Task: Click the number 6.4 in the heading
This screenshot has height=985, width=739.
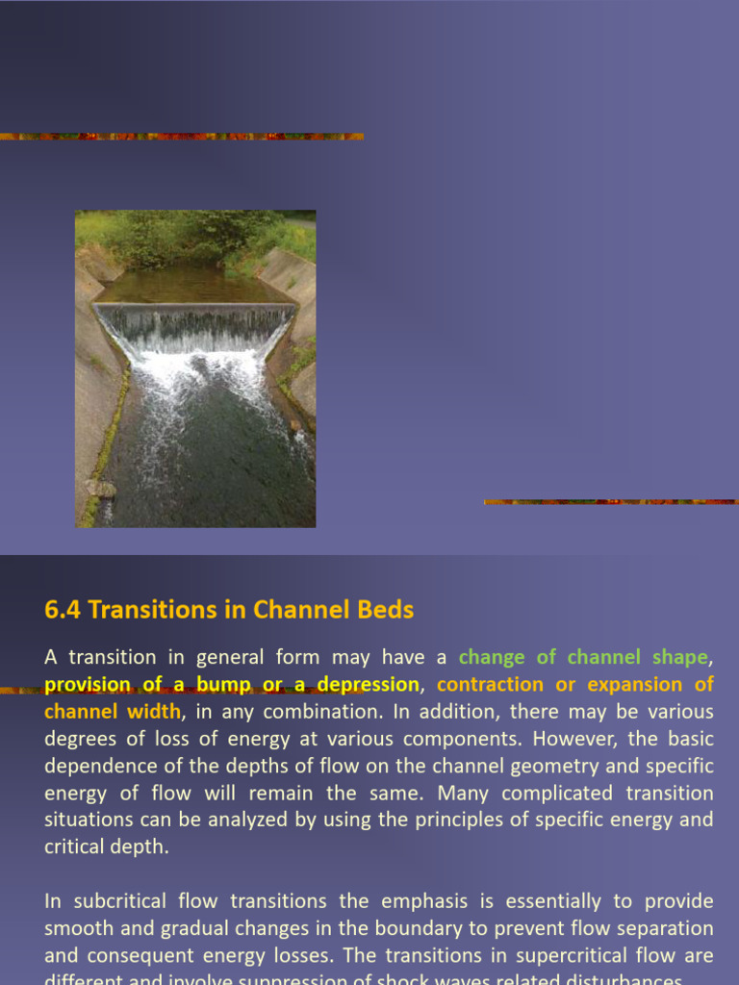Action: tap(62, 610)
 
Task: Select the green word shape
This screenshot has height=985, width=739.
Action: tap(679, 658)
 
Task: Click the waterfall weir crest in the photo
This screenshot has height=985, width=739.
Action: tap(195, 307)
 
